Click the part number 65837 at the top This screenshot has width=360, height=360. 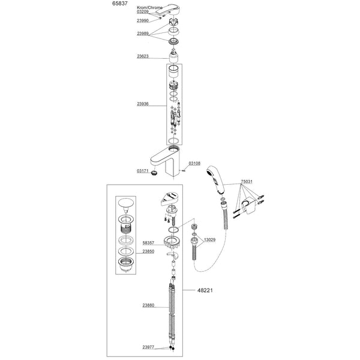pos(119,4)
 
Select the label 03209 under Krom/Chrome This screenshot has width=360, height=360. pos(143,11)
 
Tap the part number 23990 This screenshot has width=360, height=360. pos(143,20)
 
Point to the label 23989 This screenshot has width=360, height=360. pos(143,34)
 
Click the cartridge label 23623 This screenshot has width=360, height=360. pos(143,56)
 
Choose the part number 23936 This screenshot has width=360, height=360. pos(143,104)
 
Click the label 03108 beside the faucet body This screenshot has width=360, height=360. pos(194,163)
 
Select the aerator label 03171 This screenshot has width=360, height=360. pos(143,171)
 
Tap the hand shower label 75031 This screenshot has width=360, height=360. pos(247,182)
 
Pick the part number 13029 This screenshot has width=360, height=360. pos(209,239)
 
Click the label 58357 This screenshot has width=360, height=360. pos(148,242)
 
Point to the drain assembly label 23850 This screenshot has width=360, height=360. pos(148,251)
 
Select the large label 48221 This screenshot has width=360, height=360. pos(205,290)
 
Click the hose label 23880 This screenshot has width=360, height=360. pos(148,305)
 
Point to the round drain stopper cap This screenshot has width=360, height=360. pos(125,204)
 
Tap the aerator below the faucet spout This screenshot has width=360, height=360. pos(155,173)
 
